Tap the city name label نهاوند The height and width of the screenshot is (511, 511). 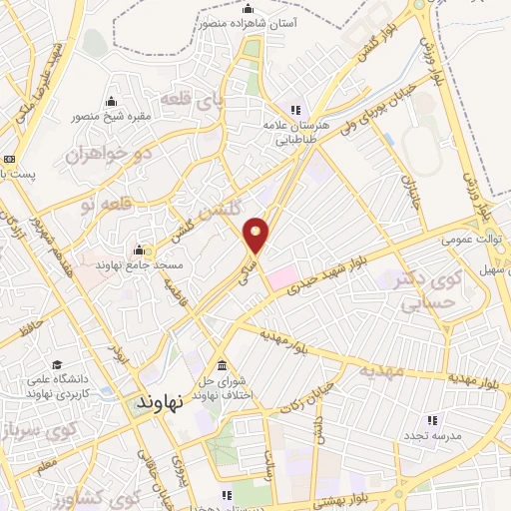(x=157, y=404)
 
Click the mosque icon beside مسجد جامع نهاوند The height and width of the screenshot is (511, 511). (x=139, y=250)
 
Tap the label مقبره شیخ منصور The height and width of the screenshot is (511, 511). (x=110, y=116)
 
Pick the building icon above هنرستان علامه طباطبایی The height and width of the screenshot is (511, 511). (x=295, y=110)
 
